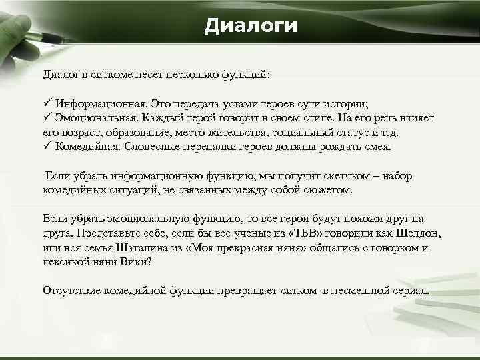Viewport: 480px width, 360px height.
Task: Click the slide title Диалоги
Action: tap(250, 26)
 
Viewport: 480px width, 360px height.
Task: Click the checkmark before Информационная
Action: tap(47, 104)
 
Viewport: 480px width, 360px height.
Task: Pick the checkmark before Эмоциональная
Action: tap(47, 117)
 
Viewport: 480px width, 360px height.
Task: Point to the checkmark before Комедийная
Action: tap(47, 146)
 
